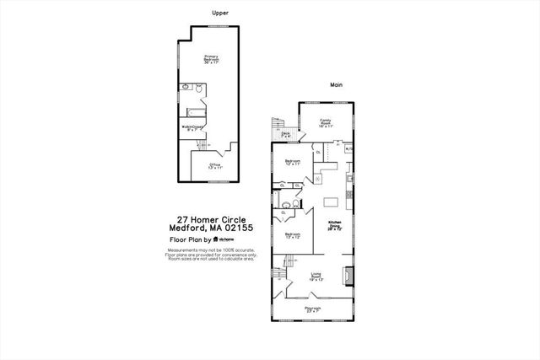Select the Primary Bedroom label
(x=211, y=59)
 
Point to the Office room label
(x=215, y=165)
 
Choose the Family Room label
(x=326, y=123)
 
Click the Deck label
(x=286, y=133)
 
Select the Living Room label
(x=316, y=276)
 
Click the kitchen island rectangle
(x=332, y=202)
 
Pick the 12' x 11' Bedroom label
(x=293, y=162)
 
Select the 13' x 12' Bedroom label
(x=292, y=235)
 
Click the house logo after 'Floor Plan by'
(x=216, y=239)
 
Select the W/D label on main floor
(x=349, y=150)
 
